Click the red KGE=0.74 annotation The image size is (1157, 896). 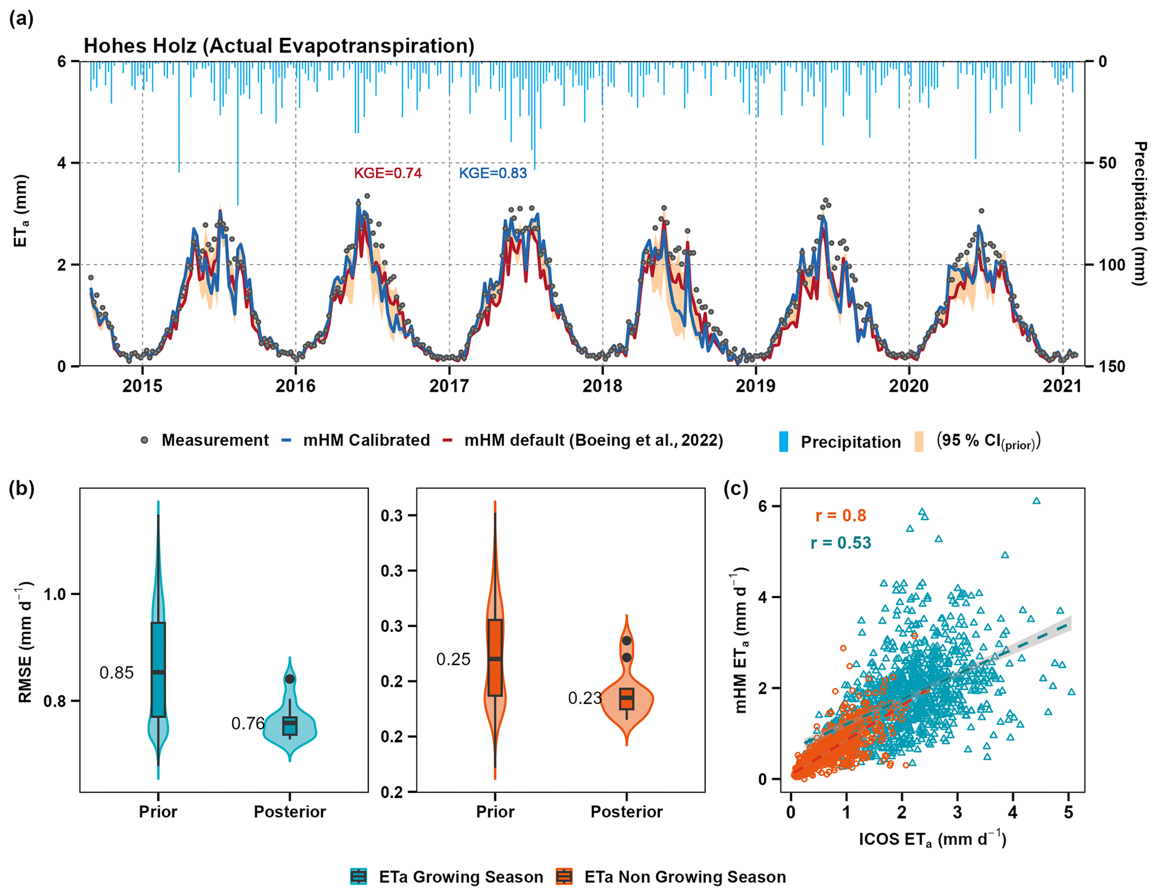(387, 173)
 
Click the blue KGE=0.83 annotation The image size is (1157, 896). (493, 173)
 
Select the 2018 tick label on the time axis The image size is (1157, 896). (602, 386)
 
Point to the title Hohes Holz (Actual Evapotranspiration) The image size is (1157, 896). (279, 46)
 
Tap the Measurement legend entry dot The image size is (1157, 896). (144, 440)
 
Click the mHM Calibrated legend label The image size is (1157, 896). (366, 440)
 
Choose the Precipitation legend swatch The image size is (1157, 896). (784, 442)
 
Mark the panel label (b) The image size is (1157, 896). (22, 489)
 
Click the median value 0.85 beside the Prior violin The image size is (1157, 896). (116, 673)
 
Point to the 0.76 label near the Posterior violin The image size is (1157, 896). (247, 724)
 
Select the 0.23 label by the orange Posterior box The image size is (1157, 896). (584, 698)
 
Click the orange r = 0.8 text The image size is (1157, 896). (840, 515)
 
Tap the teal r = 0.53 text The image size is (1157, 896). (840, 543)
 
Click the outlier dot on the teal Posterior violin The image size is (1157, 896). (289, 679)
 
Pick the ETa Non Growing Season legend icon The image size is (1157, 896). (564, 876)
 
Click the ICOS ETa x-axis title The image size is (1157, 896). (932, 839)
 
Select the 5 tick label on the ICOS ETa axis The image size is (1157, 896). (1068, 811)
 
